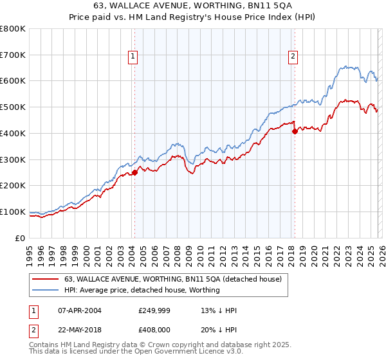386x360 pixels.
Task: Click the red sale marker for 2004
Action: tap(135, 172)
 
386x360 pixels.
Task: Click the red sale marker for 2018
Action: tap(295, 131)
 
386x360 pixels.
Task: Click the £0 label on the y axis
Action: tap(21, 238)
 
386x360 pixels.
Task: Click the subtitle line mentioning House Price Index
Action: tap(193, 19)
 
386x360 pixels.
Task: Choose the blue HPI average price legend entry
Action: tap(142, 290)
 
